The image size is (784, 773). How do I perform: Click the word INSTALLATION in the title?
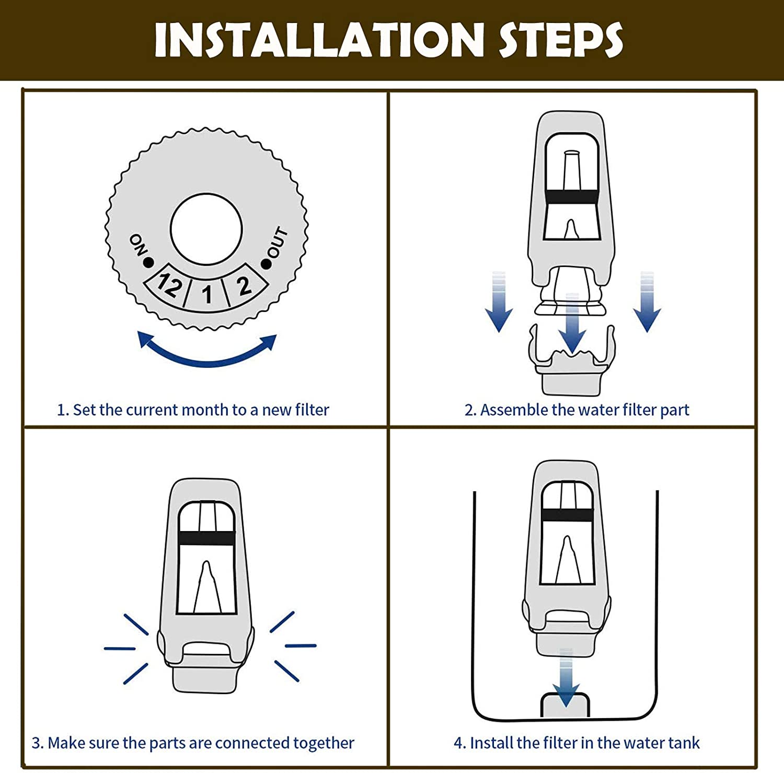(319, 40)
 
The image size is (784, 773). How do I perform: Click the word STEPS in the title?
(560, 40)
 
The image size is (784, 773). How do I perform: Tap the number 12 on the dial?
(170, 285)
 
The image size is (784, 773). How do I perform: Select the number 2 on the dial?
(244, 286)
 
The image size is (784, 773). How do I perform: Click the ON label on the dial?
(137, 245)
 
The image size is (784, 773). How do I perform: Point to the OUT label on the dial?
(278, 242)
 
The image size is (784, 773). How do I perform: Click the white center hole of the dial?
(206, 229)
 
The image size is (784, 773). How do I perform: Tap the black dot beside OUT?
(267, 264)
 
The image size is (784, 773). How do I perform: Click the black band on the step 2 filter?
(571, 197)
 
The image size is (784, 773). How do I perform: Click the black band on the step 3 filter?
(206, 538)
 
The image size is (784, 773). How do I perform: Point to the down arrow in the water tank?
(566, 679)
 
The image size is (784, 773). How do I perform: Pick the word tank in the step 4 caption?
(683, 743)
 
